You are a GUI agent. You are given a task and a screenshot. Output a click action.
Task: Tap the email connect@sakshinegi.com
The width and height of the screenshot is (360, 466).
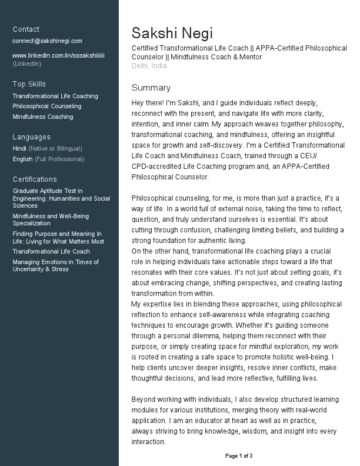point(48,41)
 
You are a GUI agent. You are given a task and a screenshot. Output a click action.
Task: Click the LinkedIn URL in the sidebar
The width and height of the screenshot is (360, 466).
point(58,55)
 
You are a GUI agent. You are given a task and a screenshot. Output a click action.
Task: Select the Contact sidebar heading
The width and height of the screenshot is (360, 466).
point(26,29)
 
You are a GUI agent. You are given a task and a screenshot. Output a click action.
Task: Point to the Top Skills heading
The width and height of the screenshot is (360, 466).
point(29,84)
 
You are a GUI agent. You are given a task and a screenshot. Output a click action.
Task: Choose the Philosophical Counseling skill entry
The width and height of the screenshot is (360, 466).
point(47,106)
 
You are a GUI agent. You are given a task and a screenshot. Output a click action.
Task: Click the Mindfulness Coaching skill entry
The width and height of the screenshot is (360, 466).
point(43,117)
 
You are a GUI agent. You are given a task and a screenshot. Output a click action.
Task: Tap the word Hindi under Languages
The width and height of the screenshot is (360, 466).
point(19,149)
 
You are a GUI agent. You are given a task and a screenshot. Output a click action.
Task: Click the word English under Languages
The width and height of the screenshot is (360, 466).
point(22,159)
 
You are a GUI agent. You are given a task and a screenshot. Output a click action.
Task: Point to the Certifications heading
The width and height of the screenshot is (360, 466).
point(35,179)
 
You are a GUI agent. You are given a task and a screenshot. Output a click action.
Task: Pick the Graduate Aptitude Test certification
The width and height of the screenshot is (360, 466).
point(61,198)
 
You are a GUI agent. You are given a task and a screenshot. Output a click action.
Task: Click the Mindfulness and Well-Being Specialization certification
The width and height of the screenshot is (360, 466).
point(51,220)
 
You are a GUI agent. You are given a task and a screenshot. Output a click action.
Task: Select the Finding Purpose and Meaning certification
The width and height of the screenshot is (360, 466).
point(58,238)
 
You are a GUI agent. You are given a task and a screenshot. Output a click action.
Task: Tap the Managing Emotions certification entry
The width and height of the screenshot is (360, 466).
point(56,266)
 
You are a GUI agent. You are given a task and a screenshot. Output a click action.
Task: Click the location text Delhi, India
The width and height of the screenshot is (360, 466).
point(149,66)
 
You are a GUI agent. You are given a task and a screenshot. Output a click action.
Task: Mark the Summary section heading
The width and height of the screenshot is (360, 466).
point(151,88)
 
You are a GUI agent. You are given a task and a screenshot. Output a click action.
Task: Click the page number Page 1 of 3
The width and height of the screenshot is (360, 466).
point(239,456)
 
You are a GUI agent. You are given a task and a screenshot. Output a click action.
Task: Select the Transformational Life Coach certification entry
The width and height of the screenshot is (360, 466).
point(51,252)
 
